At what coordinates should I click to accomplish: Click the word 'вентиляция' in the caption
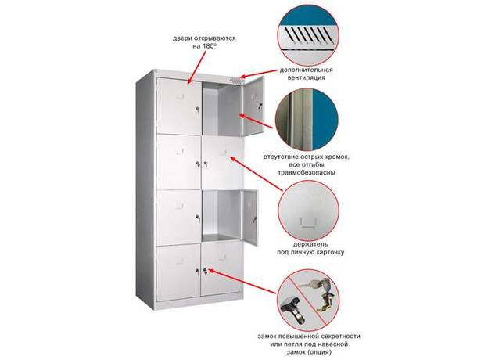click(307, 77)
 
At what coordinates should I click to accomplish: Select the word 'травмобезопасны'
click(307, 172)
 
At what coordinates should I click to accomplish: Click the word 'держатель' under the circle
click(310, 244)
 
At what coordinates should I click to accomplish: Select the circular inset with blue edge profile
click(307, 120)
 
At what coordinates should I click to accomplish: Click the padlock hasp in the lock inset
click(292, 311)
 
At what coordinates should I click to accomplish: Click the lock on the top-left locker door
click(197, 110)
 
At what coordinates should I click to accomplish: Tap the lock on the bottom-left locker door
click(197, 272)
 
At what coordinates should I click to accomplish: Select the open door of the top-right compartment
click(253, 106)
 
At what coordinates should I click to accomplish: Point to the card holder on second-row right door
click(223, 153)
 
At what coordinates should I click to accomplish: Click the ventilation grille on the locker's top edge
click(236, 80)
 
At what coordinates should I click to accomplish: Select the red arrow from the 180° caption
click(197, 68)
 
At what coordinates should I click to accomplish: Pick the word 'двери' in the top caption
click(181, 38)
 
